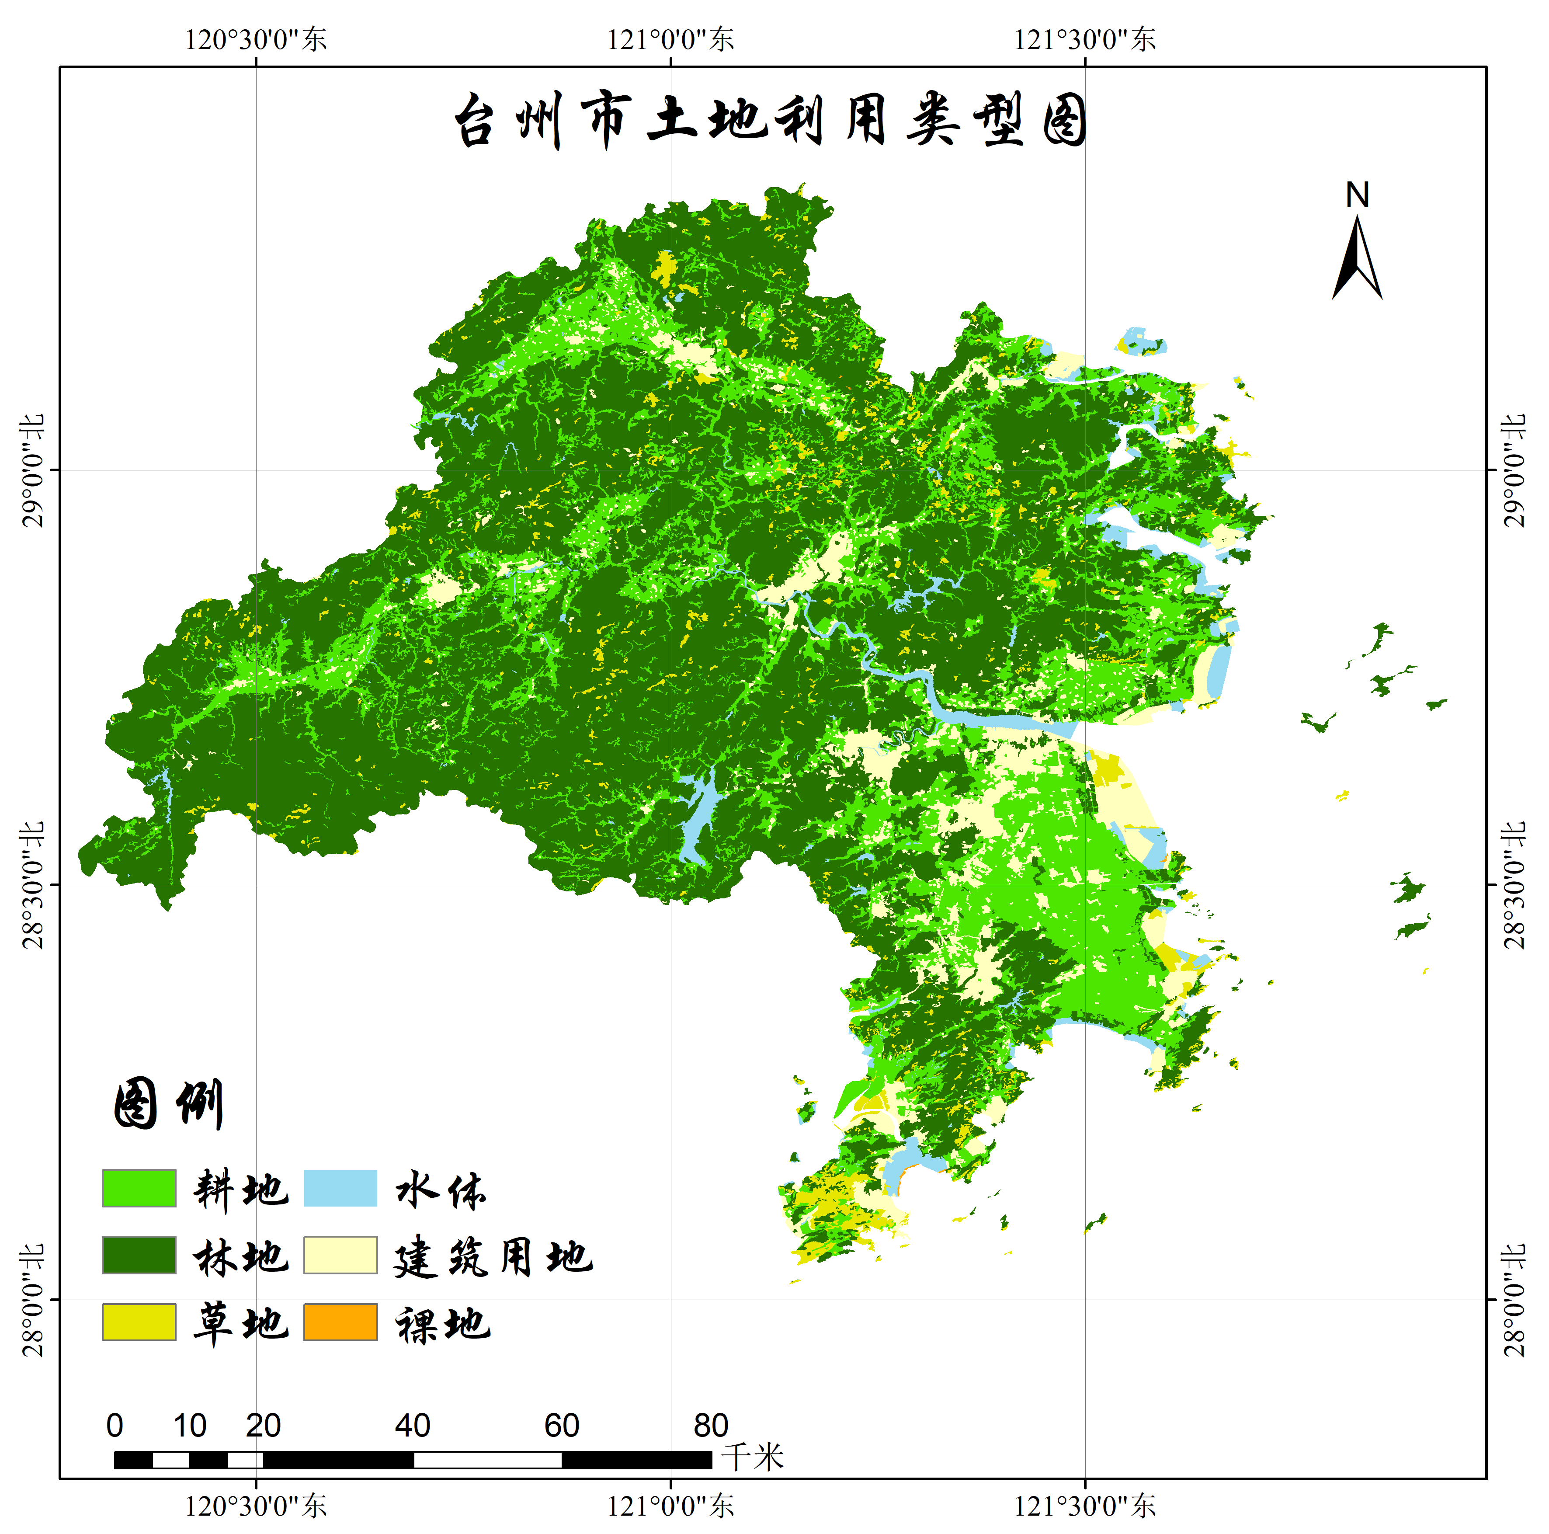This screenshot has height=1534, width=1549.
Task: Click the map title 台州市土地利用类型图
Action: pos(770,120)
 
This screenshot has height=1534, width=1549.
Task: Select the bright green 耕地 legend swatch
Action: pos(139,1188)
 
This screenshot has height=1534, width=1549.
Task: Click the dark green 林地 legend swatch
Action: pos(139,1255)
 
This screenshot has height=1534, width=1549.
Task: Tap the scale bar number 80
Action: pos(710,1425)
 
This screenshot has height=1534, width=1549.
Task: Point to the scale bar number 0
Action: pos(115,1425)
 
